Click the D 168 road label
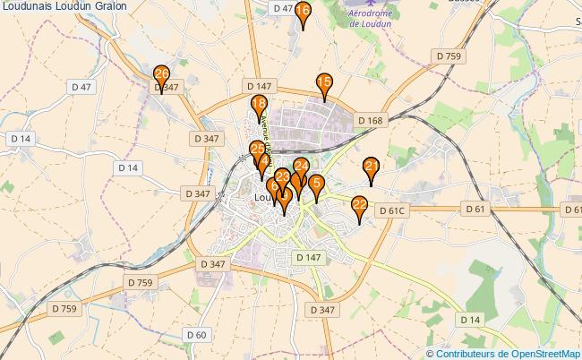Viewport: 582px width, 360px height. (369, 120)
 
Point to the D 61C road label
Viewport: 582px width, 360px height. (392, 210)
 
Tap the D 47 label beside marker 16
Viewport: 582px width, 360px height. (281, 8)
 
